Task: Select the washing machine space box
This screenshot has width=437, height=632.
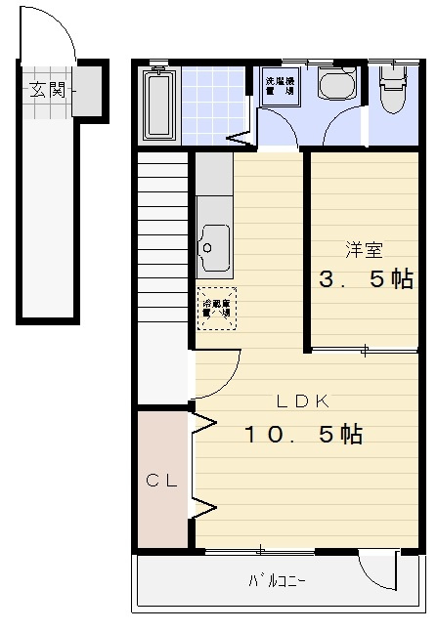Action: (x=282, y=85)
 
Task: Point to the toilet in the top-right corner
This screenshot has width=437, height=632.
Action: (x=393, y=89)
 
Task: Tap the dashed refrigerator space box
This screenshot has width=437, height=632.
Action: (x=216, y=310)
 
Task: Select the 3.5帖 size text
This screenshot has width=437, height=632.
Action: (x=362, y=279)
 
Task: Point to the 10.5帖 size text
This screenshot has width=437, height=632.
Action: (x=303, y=434)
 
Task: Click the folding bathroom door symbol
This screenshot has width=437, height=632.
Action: (x=240, y=138)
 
